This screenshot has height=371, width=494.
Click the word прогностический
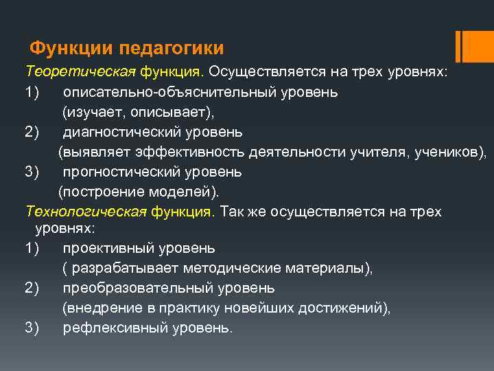coord(128,171)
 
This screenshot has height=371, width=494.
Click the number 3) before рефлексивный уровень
coord(33,328)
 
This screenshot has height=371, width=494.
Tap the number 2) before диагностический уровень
coord(33,131)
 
